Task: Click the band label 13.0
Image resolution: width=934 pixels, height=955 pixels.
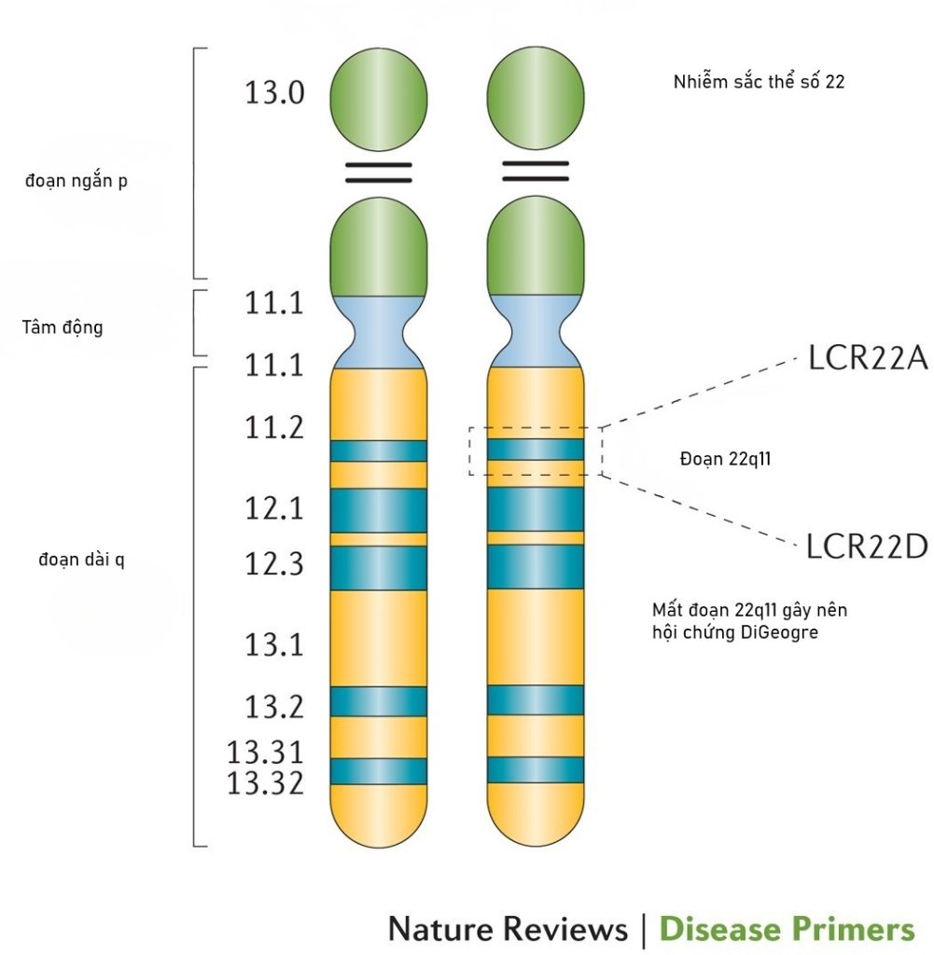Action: click(x=274, y=93)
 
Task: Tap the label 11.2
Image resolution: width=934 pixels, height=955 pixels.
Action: click(x=274, y=428)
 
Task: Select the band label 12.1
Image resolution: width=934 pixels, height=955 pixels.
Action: click(x=274, y=509)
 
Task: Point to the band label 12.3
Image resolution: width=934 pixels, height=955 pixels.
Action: click(x=274, y=563)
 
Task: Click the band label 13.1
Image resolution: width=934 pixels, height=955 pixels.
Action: click(x=274, y=644)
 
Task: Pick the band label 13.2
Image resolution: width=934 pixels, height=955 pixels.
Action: click(x=274, y=707)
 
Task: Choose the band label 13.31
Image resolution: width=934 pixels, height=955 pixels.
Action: click(x=265, y=752)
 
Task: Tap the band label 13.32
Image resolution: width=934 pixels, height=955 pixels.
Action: click(x=265, y=783)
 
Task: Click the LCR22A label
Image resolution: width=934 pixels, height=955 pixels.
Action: click(x=867, y=359)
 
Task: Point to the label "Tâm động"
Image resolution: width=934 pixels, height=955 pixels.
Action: click(x=62, y=327)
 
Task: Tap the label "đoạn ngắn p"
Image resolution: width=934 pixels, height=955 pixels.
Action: click(x=77, y=181)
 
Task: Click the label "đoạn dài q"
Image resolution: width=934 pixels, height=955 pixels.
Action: click(x=82, y=559)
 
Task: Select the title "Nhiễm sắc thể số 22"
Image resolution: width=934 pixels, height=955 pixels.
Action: click(x=759, y=82)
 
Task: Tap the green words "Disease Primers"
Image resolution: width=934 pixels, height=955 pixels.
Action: click(x=787, y=929)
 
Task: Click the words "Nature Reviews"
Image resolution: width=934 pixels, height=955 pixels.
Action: click(x=508, y=929)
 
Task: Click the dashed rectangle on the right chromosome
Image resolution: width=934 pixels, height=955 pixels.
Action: click(x=536, y=450)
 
